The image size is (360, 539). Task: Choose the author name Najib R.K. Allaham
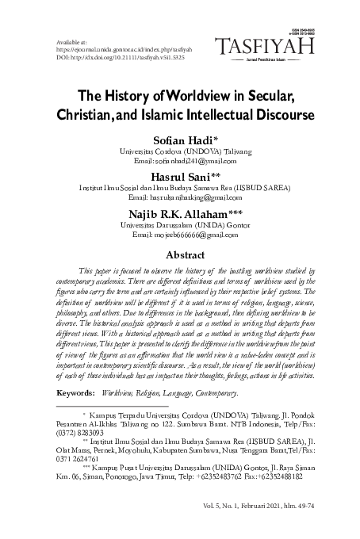tap(179, 213)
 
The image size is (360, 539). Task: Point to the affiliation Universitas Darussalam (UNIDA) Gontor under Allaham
tap(179, 225)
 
